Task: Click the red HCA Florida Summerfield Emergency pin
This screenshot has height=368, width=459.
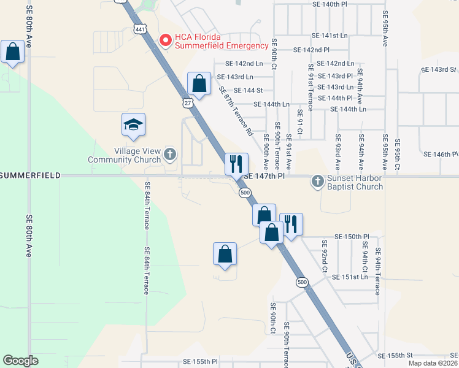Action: (x=165, y=40)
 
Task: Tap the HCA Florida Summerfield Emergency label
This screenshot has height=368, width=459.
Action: (x=222, y=40)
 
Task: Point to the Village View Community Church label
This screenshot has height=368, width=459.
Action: (x=124, y=156)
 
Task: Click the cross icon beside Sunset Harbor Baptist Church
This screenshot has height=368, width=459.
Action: (x=317, y=180)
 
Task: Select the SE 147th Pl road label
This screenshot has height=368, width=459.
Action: (x=264, y=175)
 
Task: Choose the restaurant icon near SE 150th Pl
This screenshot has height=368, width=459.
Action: (x=291, y=224)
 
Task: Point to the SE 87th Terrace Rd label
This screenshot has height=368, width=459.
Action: (x=236, y=111)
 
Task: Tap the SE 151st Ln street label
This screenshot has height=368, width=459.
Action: (x=349, y=277)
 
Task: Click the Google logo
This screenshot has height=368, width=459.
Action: (x=20, y=361)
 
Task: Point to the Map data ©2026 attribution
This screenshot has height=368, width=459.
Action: (x=433, y=363)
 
